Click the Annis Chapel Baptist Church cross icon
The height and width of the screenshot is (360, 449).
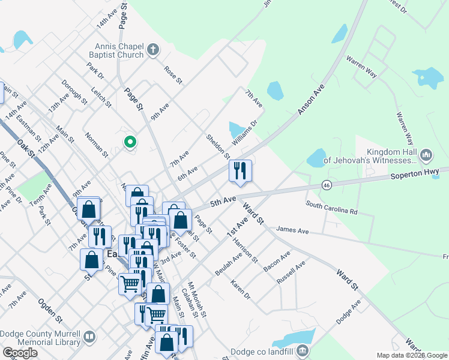tap(153, 50)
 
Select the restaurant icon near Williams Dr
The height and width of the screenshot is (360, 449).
tap(240, 171)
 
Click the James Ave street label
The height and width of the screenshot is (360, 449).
tap(292, 230)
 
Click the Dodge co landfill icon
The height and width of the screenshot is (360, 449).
tap(303, 350)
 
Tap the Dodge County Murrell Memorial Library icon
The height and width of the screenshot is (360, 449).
tap(89, 337)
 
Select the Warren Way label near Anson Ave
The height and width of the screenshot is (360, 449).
tap(361, 67)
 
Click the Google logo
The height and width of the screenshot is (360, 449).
tap(20, 353)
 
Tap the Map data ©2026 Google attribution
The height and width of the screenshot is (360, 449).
tap(411, 355)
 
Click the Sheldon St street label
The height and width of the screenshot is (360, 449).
tap(218, 146)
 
